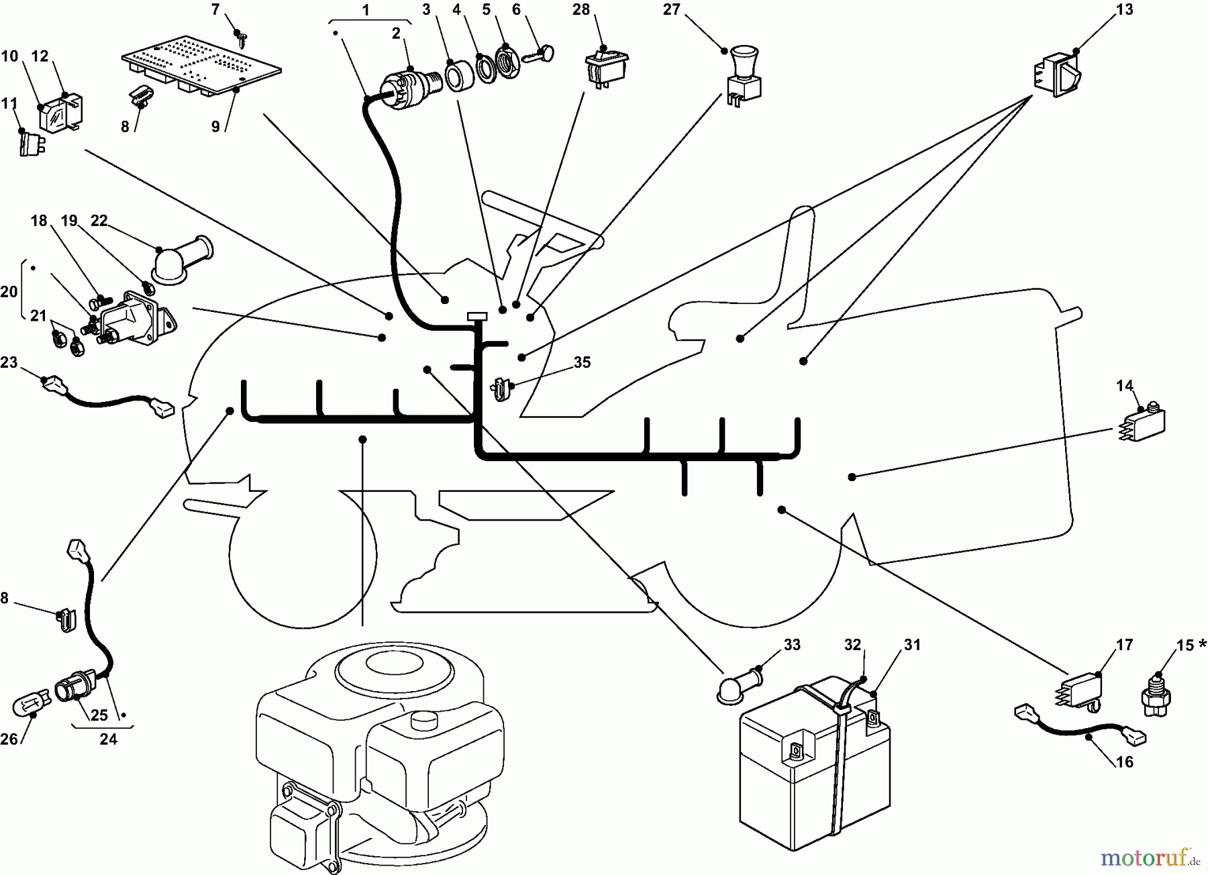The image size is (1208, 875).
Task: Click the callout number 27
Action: pyautogui.click(x=671, y=9)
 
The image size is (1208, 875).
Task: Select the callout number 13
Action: pyautogui.click(x=1124, y=9)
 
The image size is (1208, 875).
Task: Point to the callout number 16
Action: pyautogui.click(x=1124, y=762)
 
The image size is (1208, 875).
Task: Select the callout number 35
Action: pyautogui.click(x=582, y=362)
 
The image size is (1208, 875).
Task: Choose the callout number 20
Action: pyautogui.click(x=9, y=293)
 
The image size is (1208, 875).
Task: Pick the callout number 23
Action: pyautogui.click(x=9, y=362)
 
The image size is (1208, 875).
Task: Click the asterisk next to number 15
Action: pyautogui.click(x=1201, y=644)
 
